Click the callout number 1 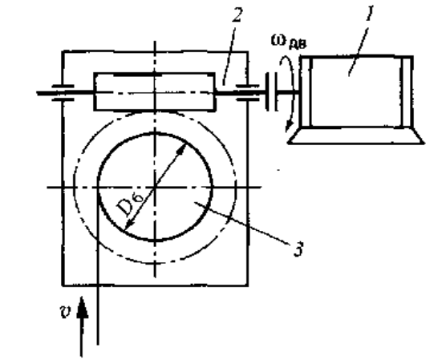(370, 14)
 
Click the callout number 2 (237, 14)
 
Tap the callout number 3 (298, 249)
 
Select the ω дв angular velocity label (289, 42)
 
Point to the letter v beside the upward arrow (66, 311)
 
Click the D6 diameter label (130, 204)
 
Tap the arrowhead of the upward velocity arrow (82, 307)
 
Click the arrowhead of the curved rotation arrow (290, 126)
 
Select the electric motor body (357, 91)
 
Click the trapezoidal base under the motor (356, 136)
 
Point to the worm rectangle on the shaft (155, 91)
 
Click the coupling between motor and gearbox (272, 91)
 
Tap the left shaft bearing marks (63, 93)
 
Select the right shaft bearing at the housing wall (248, 92)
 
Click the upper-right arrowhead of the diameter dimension (182, 150)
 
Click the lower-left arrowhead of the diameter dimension (128, 224)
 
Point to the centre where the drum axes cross (155, 187)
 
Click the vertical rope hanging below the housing (98, 315)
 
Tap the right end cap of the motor (407, 91)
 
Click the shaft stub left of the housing (49, 93)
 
